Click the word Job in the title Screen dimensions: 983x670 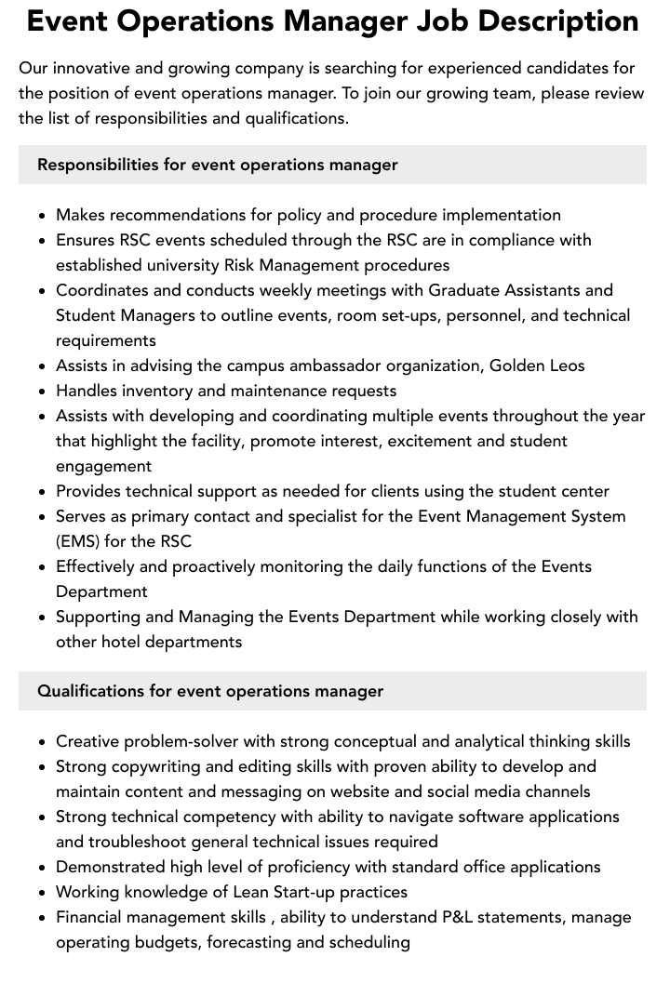point(439,20)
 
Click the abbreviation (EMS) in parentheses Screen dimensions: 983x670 point(78,541)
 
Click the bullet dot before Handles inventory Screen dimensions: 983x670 point(43,392)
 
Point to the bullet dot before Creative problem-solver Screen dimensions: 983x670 point(43,742)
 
